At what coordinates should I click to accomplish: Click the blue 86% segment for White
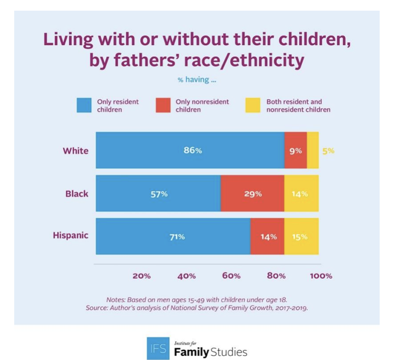click(x=190, y=150)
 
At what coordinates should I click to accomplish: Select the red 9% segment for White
click(x=296, y=150)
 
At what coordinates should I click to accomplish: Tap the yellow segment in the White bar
click(x=313, y=150)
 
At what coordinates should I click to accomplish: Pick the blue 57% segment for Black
click(x=158, y=193)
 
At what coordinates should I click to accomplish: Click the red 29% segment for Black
click(x=253, y=193)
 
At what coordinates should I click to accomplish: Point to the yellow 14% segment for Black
click(x=301, y=193)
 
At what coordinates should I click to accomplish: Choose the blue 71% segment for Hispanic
click(x=173, y=236)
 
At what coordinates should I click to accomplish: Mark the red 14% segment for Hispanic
click(x=268, y=236)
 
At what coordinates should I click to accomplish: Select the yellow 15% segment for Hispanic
click(x=301, y=236)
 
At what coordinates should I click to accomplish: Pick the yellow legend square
click(x=253, y=105)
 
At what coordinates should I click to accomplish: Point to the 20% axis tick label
click(x=141, y=276)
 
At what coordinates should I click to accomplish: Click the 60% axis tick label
click(x=231, y=276)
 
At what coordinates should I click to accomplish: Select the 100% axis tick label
click(x=321, y=276)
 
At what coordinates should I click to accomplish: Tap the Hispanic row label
click(x=71, y=236)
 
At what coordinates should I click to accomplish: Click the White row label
click(x=76, y=150)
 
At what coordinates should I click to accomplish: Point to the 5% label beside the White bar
click(x=329, y=151)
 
